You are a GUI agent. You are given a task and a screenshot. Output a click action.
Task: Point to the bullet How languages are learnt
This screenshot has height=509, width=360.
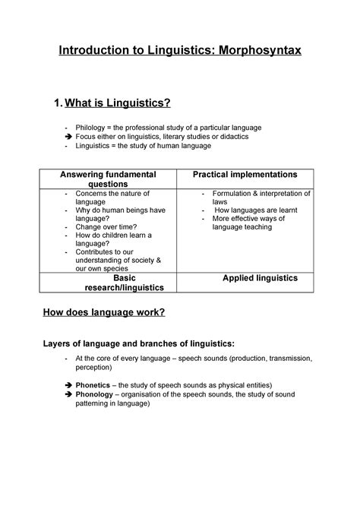point(256,210)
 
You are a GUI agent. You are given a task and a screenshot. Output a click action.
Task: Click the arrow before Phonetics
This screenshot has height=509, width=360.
point(68,386)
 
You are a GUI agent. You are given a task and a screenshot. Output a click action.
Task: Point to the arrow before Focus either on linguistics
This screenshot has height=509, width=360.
point(68,136)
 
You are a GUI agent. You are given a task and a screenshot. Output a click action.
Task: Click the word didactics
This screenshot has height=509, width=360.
point(232,136)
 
